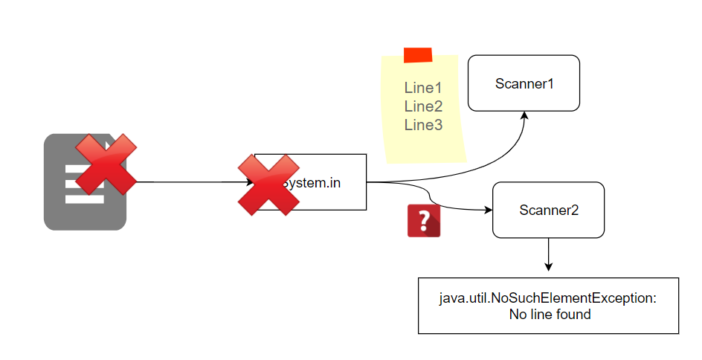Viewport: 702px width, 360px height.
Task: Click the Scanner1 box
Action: (524, 83)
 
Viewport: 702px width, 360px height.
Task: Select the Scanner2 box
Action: (548, 210)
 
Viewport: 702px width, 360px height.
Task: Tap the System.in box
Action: (327, 182)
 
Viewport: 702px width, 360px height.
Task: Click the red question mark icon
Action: (424, 221)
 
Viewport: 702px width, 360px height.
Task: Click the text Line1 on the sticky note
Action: (423, 88)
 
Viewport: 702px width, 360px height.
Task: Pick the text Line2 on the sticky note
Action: (423, 106)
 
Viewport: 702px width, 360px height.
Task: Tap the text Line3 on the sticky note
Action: (423, 125)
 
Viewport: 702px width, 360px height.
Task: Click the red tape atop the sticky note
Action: (418, 55)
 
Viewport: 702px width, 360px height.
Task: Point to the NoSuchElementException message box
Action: (549, 306)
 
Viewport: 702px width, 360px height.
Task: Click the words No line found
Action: (549, 315)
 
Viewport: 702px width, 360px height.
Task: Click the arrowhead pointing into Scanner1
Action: (524, 115)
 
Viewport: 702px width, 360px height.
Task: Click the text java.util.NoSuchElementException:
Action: (549, 298)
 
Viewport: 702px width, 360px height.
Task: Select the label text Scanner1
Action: (524, 83)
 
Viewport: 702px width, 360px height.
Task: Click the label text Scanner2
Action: (548, 210)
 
